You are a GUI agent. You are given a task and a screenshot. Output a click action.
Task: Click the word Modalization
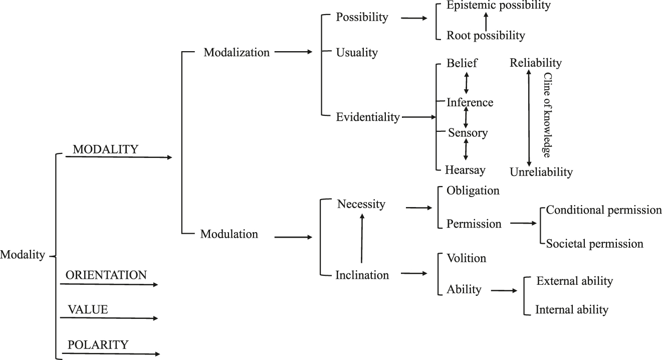237,52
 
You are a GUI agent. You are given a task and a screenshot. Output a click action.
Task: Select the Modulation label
229,234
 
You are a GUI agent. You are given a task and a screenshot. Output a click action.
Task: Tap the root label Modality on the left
23,255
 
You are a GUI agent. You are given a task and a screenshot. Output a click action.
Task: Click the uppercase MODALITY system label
105,149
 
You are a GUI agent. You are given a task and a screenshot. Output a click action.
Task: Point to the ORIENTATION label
106,275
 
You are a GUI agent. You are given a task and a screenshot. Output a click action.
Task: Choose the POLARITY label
98,345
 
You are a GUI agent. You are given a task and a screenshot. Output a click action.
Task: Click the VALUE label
88,310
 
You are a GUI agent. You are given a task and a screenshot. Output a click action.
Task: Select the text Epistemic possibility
498,6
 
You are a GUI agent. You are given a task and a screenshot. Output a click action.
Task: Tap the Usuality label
357,53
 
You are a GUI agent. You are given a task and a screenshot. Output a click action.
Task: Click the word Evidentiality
368,117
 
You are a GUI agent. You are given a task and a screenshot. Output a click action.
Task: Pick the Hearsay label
465,170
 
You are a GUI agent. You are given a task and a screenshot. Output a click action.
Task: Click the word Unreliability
541,172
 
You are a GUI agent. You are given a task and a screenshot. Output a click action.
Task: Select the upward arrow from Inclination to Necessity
362,238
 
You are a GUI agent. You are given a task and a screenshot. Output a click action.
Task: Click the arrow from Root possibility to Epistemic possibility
485,21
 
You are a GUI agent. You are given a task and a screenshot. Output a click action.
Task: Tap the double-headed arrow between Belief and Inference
467,83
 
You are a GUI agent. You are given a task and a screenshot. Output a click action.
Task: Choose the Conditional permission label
604,210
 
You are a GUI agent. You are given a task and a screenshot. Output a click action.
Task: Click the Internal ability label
572,309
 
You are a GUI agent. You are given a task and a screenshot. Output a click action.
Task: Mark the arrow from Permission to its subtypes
523,223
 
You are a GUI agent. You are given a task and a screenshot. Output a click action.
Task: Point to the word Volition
467,259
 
